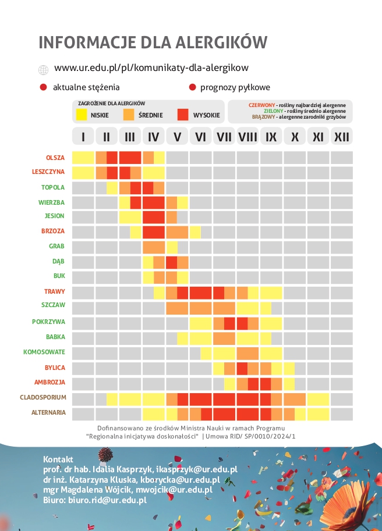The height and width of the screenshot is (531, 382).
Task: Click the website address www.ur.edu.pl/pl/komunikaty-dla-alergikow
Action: (151, 68)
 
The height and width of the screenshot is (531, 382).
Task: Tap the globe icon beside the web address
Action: (43, 70)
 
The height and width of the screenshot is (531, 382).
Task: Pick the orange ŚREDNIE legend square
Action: (130, 115)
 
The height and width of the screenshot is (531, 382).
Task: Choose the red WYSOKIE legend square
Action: (184, 115)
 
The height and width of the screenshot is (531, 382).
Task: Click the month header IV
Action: (154, 137)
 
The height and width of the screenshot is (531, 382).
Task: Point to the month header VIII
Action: (248, 137)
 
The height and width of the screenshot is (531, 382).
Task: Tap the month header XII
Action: (342, 137)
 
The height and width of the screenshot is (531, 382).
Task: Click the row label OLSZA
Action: (55, 158)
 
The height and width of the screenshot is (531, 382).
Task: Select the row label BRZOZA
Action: (53, 231)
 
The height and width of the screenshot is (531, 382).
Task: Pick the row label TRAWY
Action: (54, 291)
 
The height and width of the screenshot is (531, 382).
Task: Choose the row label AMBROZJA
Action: (51, 383)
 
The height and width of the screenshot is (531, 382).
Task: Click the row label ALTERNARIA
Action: (48, 413)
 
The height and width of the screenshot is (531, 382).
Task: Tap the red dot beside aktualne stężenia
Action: (43, 88)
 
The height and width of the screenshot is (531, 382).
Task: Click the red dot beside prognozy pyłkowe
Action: (192, 88)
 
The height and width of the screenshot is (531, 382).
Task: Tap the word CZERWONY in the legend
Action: (262, 105)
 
